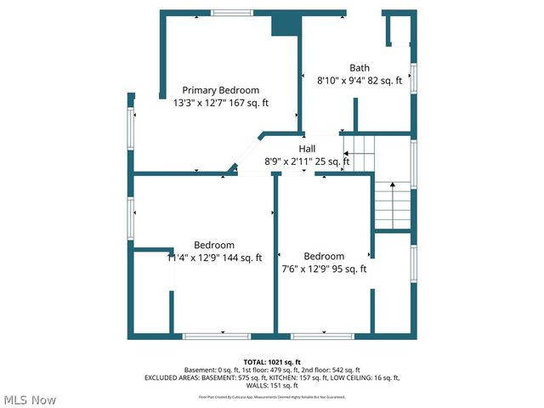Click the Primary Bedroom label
221,90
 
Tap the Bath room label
360,68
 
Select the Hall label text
307,149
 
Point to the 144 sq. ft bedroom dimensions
215,258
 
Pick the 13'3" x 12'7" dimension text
221,103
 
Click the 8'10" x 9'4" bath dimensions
360,82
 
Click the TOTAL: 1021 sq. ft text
272,361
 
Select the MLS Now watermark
30,399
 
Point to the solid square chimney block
284,24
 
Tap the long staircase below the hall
393,206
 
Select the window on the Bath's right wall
414,76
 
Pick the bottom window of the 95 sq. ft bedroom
322,337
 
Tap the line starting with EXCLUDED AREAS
272,377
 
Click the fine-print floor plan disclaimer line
272,396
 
